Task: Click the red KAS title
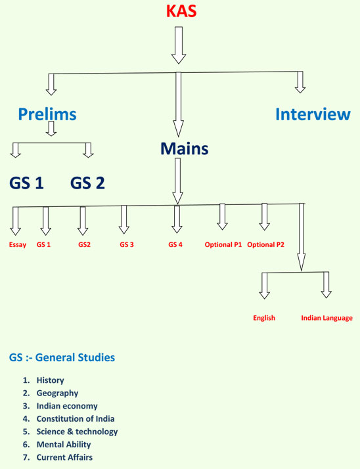tap(181, 11)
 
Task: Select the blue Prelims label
tap(47, 114)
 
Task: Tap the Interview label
tap(313, 114)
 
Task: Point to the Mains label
tap(185, 148)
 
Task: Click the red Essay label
tap(18, 244)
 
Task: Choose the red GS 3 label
tap(127, 244)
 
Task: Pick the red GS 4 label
tap(175, 244)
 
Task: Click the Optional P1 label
tap(223, 244)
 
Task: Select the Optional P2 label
tap(266, 244)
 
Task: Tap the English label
tap(264, 318)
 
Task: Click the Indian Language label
tap(326, 318)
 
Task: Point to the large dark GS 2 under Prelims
tap(87, 183)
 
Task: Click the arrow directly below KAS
tap(179, 45)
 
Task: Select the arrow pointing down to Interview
tap(300, 82)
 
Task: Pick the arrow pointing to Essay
tap(16, 221)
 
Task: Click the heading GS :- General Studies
tap(62, 357)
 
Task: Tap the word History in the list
tap(51, 380)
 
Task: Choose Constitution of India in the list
tap(76, 419)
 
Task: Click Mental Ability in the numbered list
tap(64, 445)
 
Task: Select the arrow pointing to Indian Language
tap(326, 285)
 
